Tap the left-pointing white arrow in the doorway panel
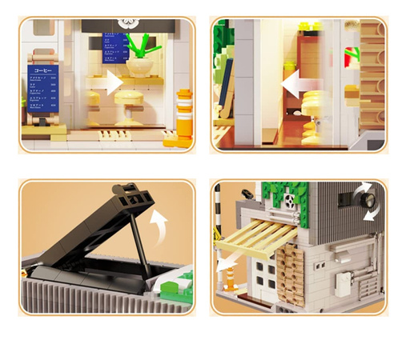[x=297, y=82]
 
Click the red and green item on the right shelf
[x=349, y=58]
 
